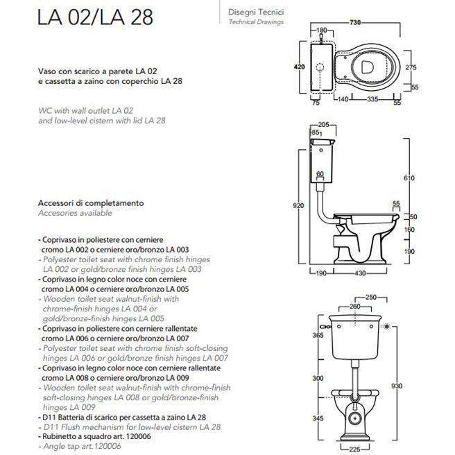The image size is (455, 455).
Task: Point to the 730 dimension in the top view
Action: [x=354, y=22]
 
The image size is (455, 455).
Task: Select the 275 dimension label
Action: [x=410, y=67]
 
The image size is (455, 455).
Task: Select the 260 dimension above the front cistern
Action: [x=355, y=306]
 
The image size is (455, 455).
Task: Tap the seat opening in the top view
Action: [x=371, y=67]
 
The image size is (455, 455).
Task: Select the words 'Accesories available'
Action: [x=72, y=214]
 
